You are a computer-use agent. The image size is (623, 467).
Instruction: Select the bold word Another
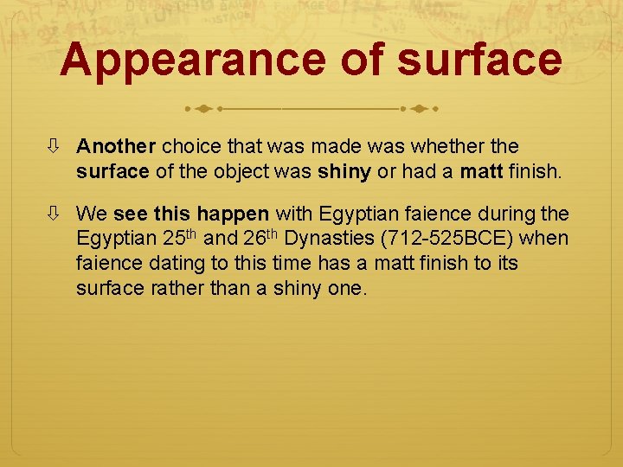click(x=115, y=147)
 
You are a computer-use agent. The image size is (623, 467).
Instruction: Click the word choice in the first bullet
click(x=189, y=147)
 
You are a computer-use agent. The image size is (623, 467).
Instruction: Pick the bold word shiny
click(x=344, y=171)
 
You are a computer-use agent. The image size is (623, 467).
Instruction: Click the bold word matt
click(x=481, y=171)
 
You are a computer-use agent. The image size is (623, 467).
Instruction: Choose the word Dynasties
click(x=330, y=237)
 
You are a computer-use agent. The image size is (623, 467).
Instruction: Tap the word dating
click(x=174, y=262)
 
